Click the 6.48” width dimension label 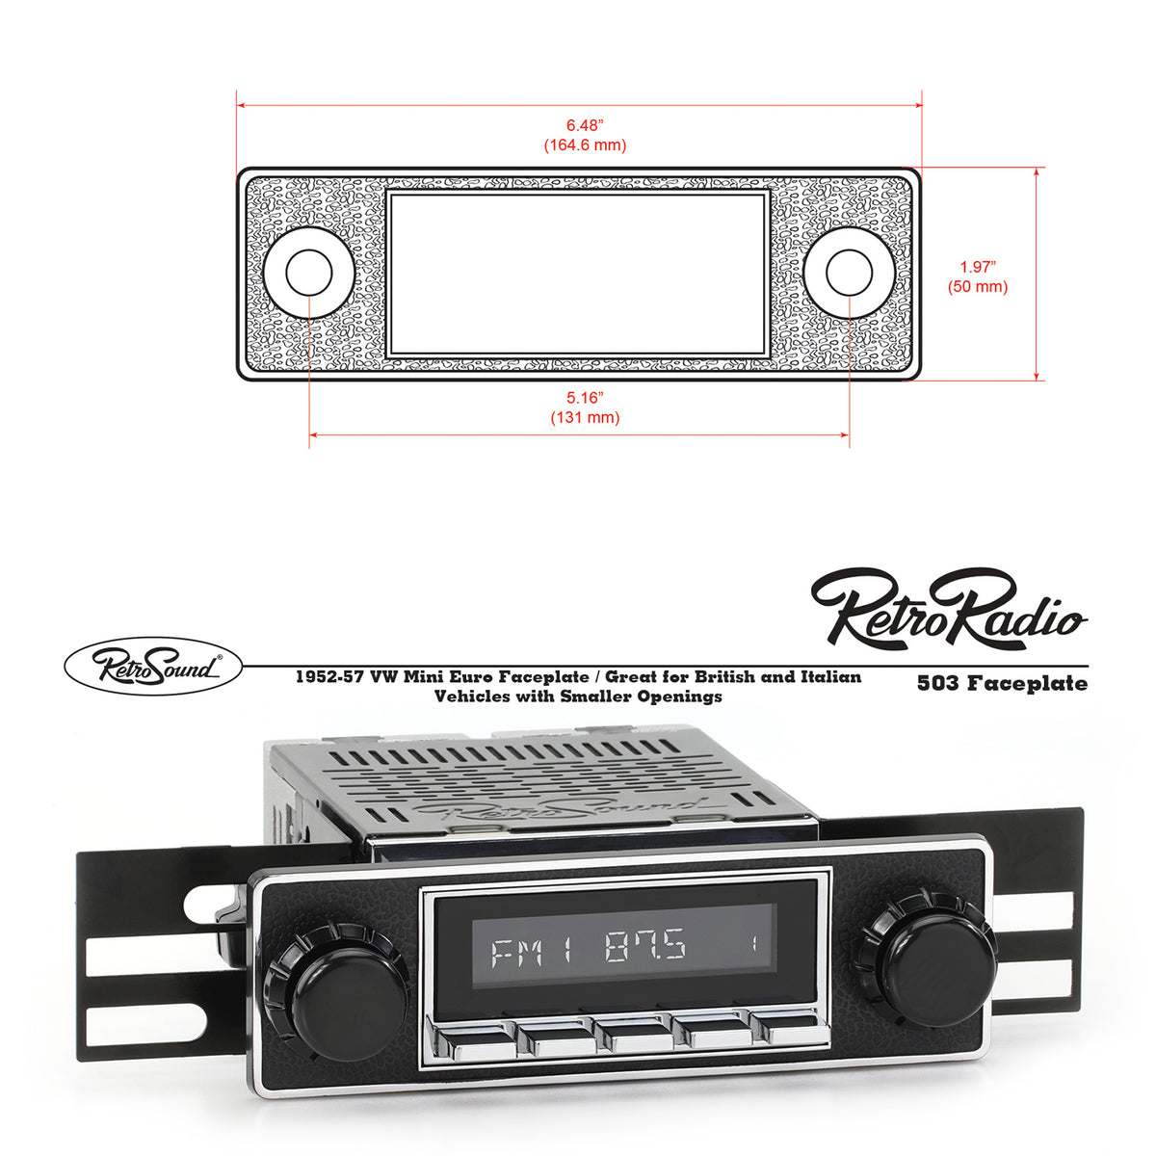point(585,125)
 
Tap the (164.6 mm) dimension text point(585,145)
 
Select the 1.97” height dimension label point(977,267)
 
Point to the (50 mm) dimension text point(977,287)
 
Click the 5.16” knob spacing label point(585,397)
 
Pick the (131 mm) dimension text point(585,418)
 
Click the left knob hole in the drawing point(309,273)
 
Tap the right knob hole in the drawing point(849,273)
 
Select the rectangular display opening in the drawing point(578,274)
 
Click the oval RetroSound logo point(152,666)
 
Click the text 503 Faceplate point(1002,684)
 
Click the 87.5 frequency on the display point(645,949)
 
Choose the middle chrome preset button point(637,1036)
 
